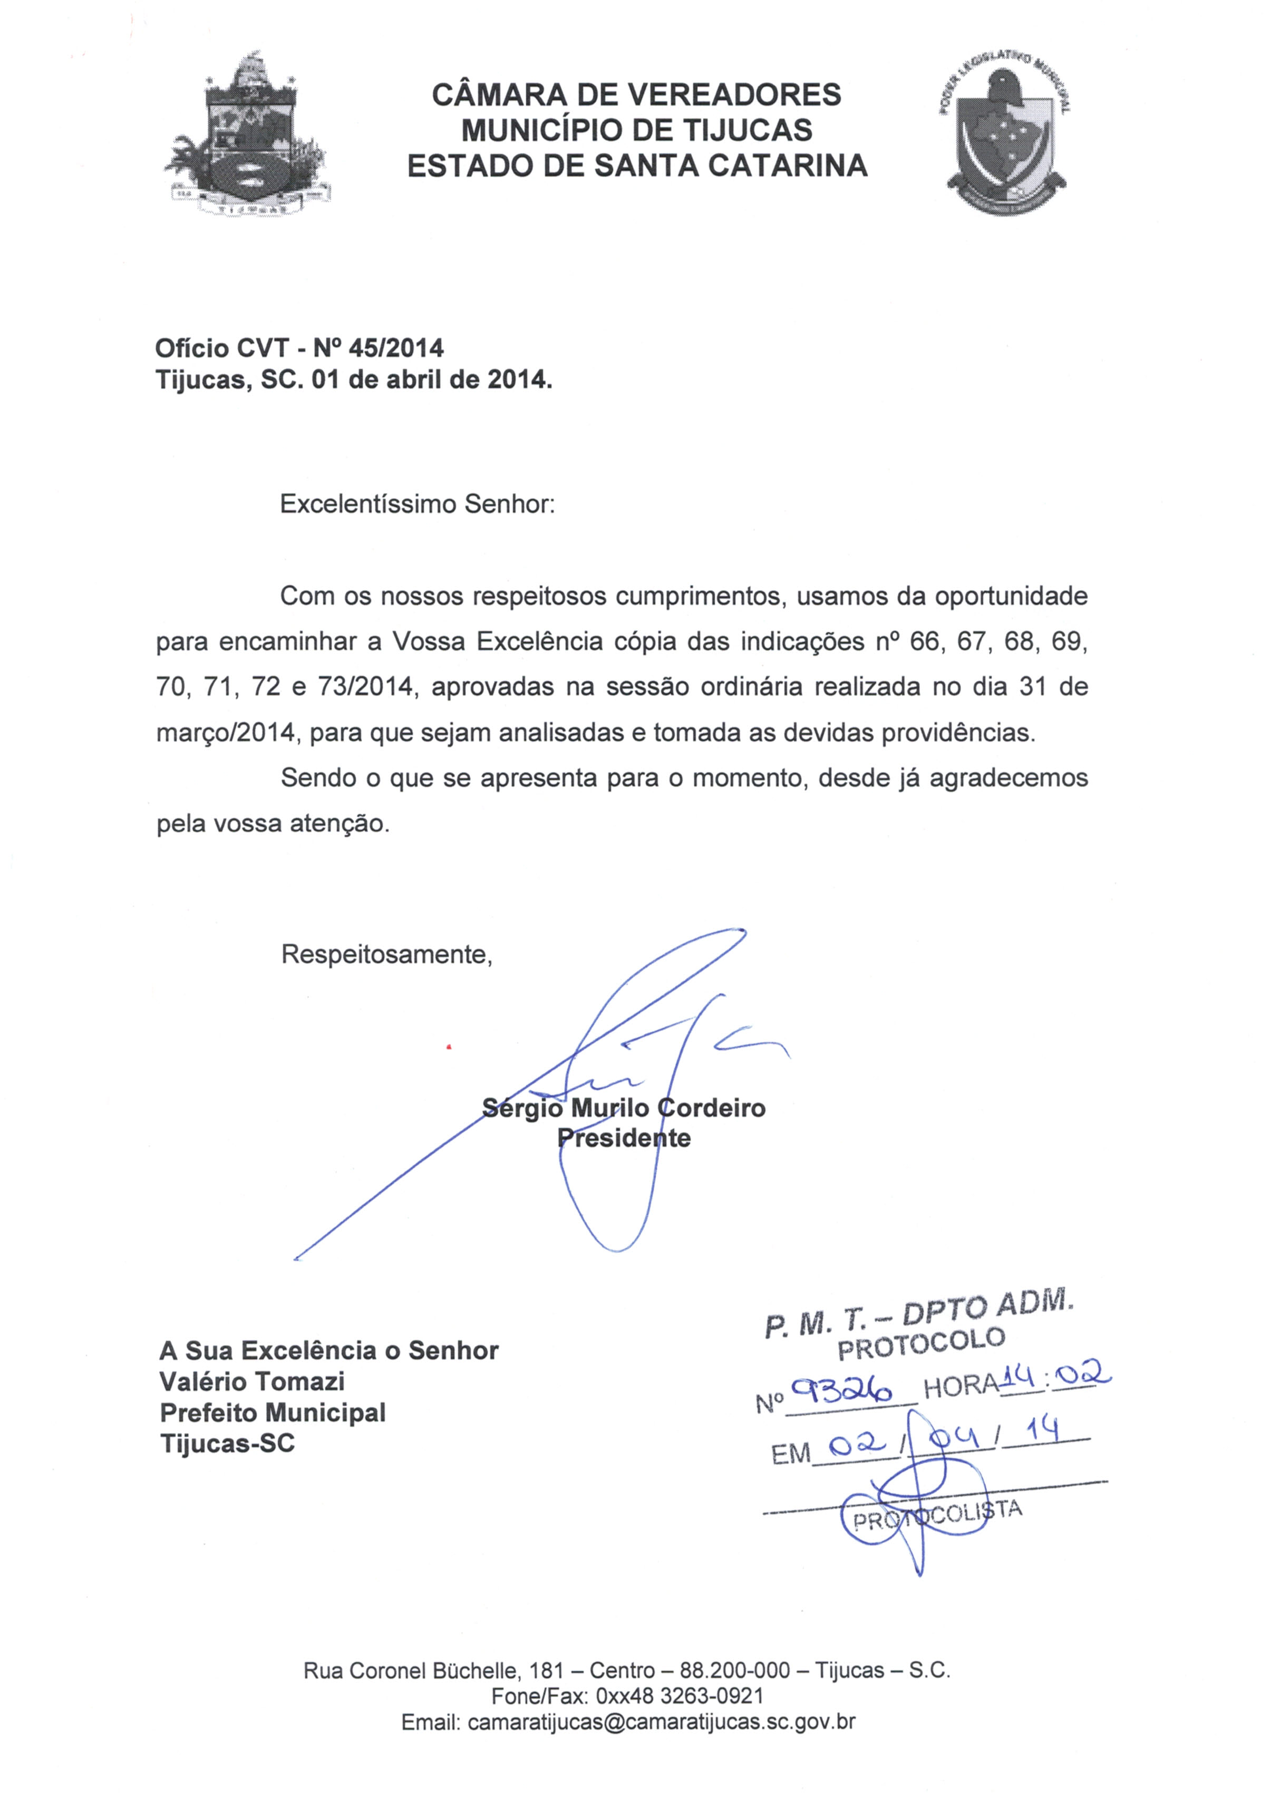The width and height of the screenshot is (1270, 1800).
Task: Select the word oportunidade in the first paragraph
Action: coord(1011,597)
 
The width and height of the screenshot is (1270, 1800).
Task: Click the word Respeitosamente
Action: coord(386,954)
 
